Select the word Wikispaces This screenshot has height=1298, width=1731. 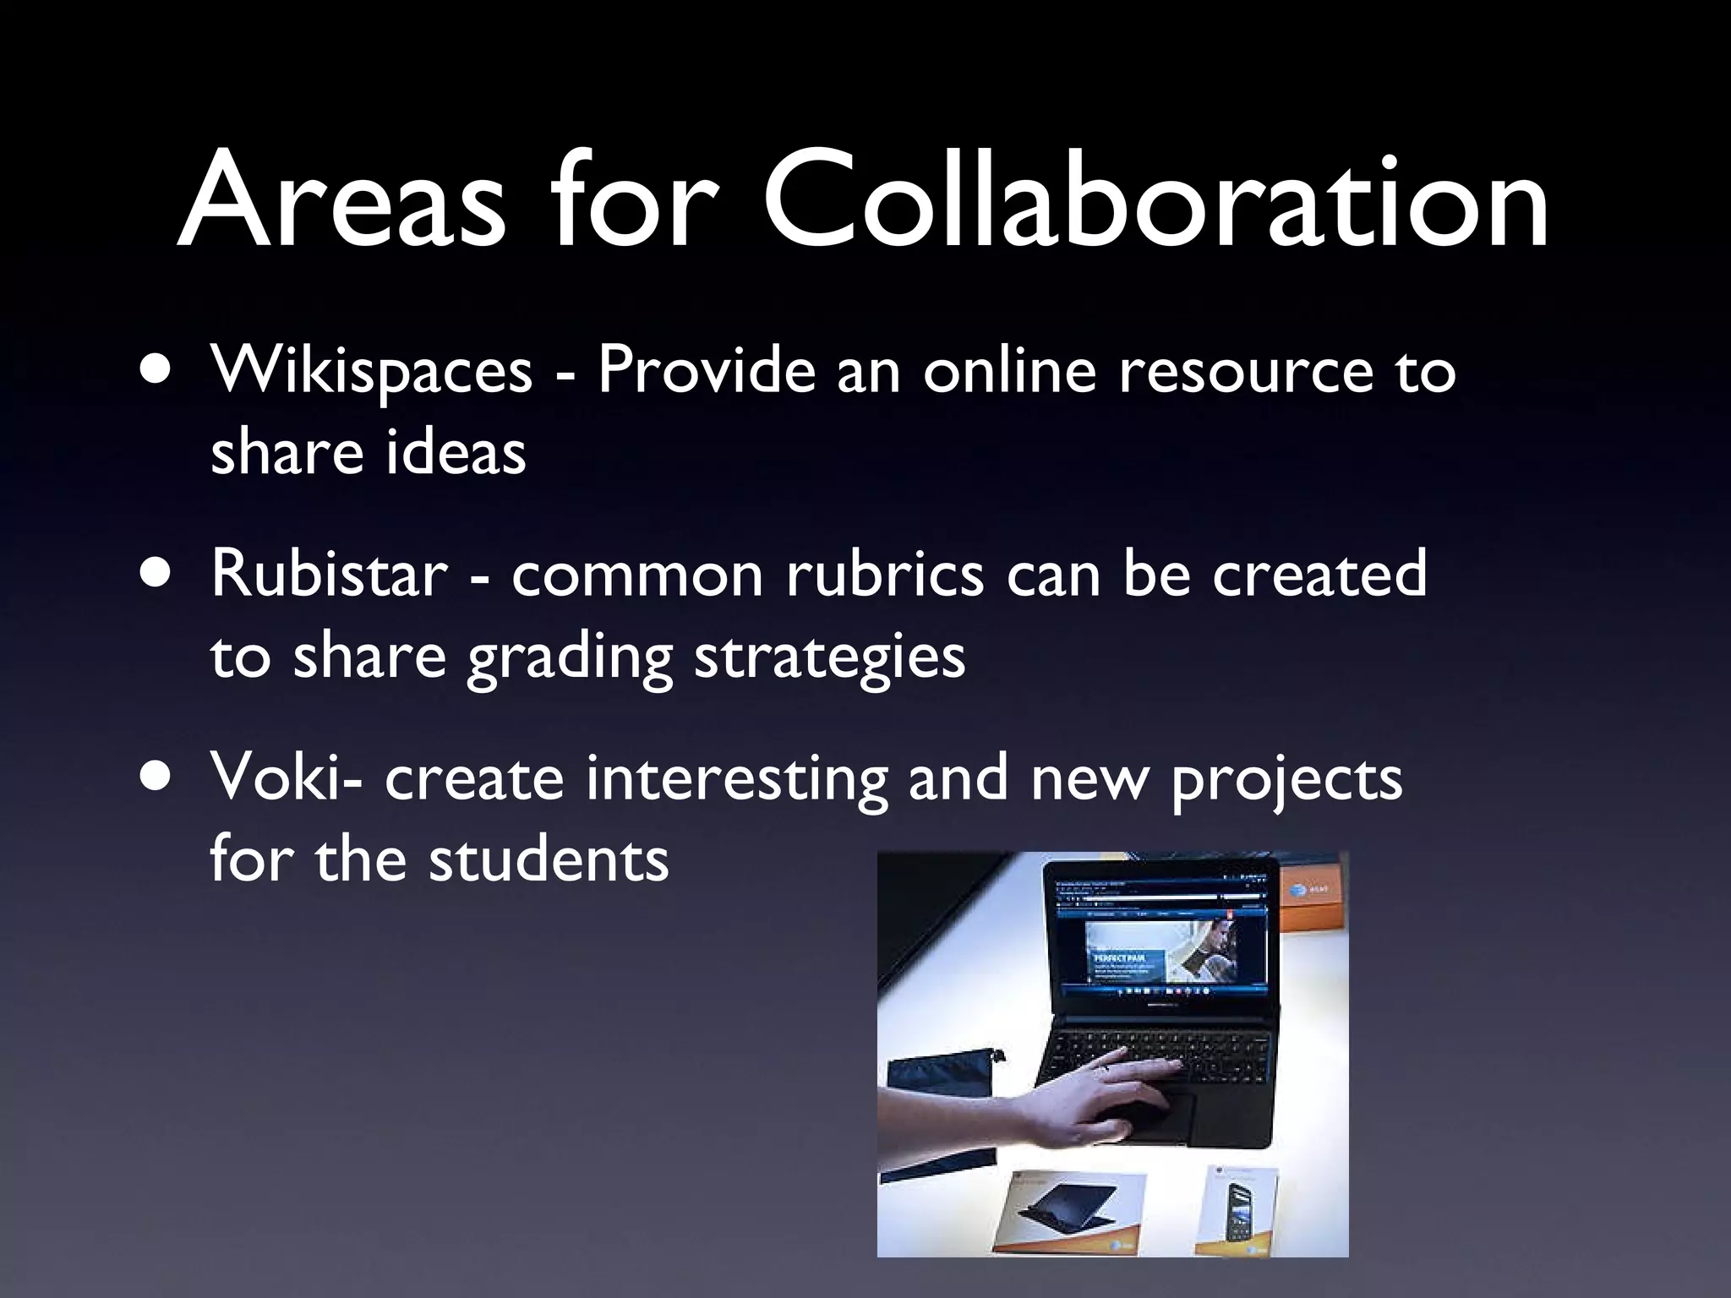(x=372, y=371)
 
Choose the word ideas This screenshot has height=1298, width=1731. (x=456, y=452)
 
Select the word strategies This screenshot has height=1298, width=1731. (x=829, y=657)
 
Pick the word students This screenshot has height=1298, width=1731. (x=549, y=860)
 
